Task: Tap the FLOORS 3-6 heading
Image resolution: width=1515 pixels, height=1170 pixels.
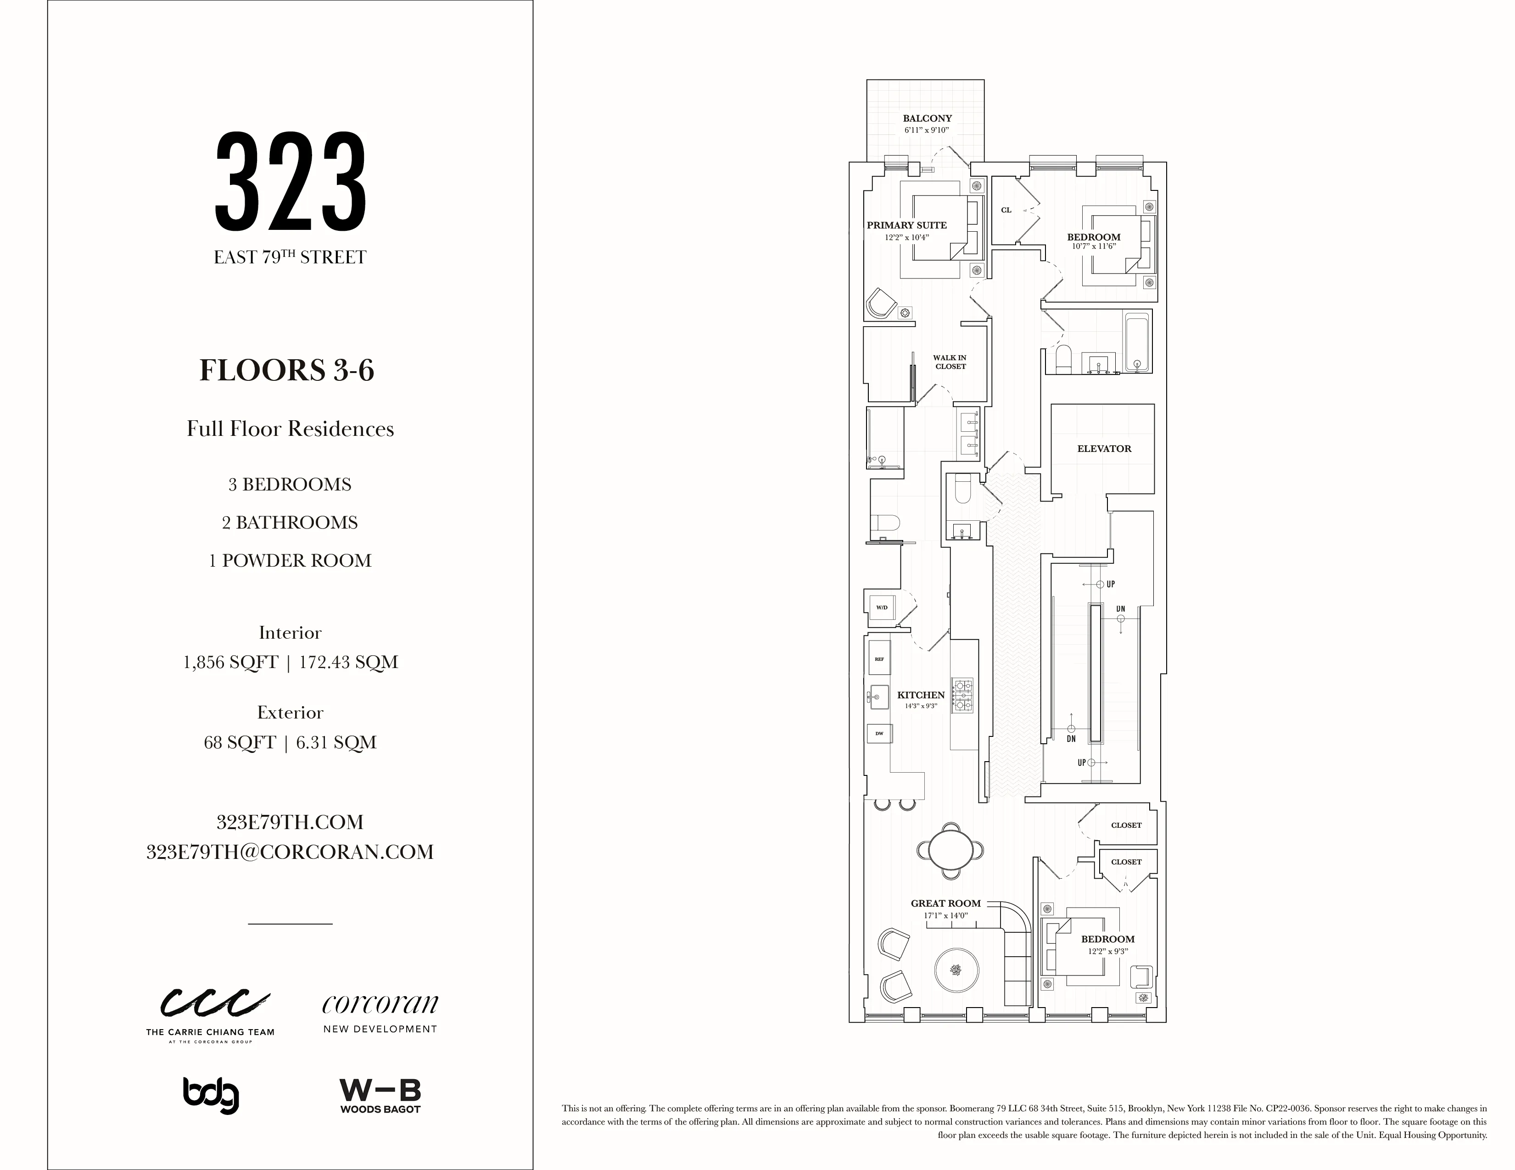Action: click(x=287, y=370)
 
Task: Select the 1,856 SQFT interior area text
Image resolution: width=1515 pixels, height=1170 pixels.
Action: click(x=230, y=663)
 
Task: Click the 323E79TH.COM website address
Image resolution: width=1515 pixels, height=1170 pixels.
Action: click(x=290, y=823)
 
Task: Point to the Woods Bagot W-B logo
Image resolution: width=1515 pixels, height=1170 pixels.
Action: click(x=380, y=1096)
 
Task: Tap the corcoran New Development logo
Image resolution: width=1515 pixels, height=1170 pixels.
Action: click(x=380, y=1013)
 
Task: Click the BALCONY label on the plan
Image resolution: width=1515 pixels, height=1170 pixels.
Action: click(x=927, y=118)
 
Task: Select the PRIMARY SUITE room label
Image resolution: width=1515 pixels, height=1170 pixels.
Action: click(x=906, y=225)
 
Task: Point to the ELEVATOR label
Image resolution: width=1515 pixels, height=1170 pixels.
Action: click(x=1104, y=449)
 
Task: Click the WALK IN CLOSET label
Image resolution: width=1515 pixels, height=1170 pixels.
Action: click(x=950, y=362)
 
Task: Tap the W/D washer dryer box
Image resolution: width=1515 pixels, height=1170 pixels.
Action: click(x=882, y=607)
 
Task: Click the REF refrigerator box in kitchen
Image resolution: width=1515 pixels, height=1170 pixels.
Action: click(x=879, y=659)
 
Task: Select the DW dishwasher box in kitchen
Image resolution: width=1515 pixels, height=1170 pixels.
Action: click(x=879, y=733)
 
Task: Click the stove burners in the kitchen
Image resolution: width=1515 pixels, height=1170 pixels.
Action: click(x=962, y=696)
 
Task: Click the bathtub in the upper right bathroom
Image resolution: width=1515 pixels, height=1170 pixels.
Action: click(x=1137, y=343)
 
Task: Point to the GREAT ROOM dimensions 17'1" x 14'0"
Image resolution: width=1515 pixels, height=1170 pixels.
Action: click(x=945, y=915)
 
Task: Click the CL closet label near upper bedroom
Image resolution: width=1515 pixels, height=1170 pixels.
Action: click(x=1006, y=210)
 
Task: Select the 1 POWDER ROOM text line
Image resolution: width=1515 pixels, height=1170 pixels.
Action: click(x=290, y=560)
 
